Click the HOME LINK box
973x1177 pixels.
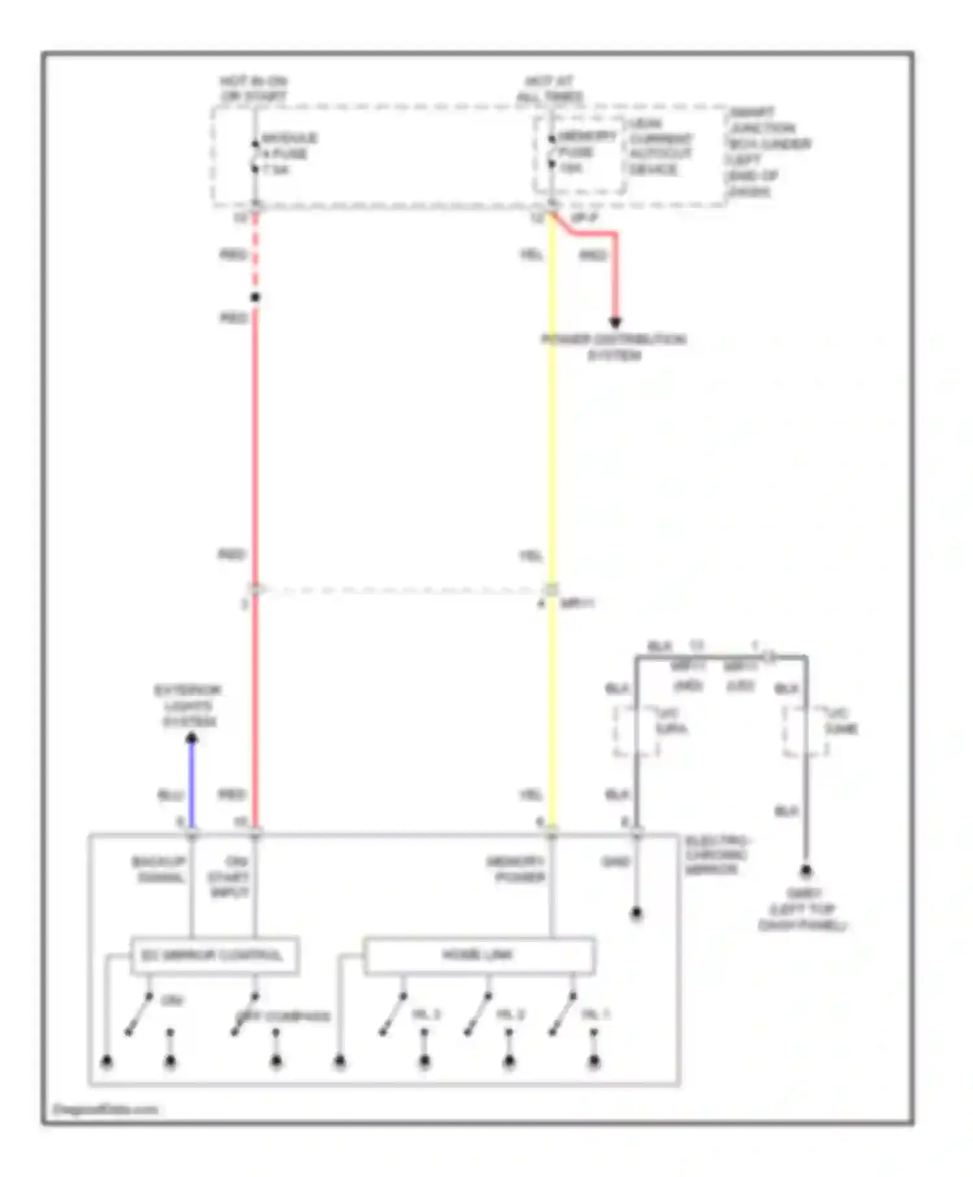(478, 955)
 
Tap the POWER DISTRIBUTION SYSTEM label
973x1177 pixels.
(614, 347)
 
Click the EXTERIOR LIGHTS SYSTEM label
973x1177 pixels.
(188, 706)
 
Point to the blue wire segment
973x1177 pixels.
(191, 785)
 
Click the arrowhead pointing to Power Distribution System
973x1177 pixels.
(615, 322)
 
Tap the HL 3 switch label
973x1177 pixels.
(426, 1014)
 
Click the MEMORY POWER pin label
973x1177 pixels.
(517, 869)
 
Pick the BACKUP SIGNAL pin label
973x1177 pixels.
(160, 869)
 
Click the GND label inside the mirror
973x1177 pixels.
(615, 862)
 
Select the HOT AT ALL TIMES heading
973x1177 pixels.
(549, 90)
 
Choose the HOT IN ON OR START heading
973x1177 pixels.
(253, 90)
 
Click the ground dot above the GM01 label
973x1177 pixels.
(805, 871)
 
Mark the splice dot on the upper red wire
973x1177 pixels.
(255, 297)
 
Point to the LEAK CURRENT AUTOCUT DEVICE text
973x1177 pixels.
(660, 147)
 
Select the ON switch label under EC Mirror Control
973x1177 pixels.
(171, 1001)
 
